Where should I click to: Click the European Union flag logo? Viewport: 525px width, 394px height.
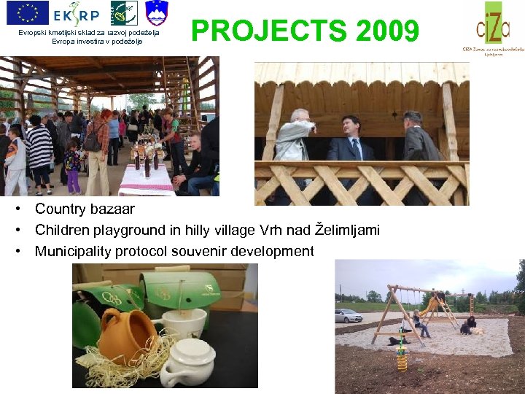click(x=27, y=12)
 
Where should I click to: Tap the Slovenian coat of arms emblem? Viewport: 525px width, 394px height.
click(x=157, y=12)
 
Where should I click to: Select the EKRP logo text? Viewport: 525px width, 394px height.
click(x=78, y=13)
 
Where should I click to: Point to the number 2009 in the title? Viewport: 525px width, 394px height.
click(x=388, y=31)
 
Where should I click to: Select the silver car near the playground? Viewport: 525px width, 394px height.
click(x=349, y=315)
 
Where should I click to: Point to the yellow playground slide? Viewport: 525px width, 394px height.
click(x=432, y=306)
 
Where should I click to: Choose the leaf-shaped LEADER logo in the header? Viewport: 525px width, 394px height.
click(x=123, y=12)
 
